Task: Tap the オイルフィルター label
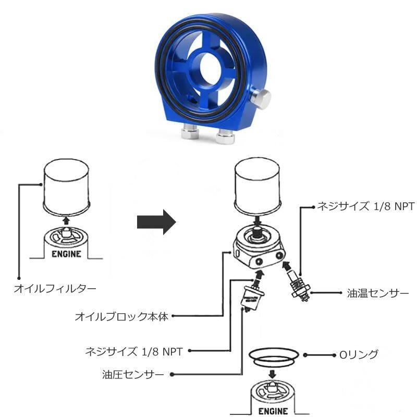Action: [55, 287]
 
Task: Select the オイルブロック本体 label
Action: [121, 316]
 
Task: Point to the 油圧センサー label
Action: [134, 375]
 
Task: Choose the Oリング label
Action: [359, 355]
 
